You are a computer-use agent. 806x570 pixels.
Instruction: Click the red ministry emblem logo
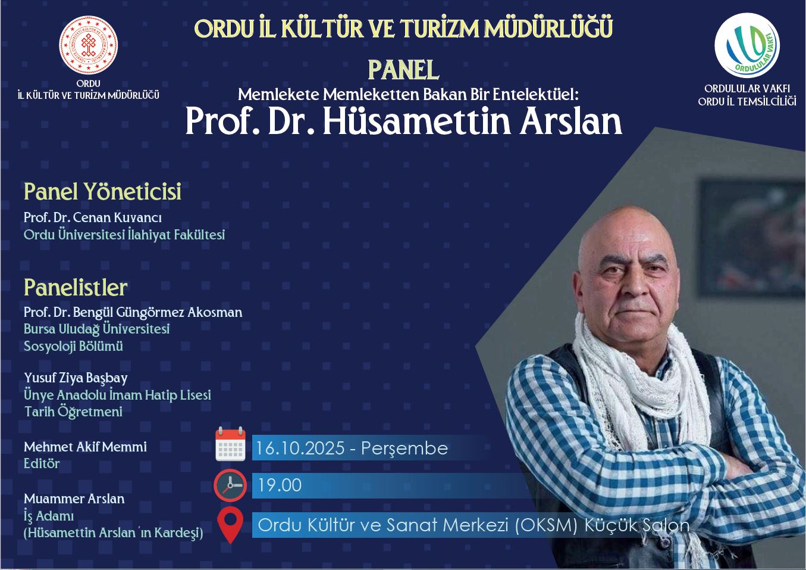[88, 45]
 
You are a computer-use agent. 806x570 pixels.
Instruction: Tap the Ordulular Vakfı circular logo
[747, 46]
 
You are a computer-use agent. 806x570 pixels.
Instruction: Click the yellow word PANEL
[403, 70]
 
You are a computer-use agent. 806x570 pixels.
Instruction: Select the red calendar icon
[230, 444]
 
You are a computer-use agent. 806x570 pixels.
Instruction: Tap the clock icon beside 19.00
[230, 485]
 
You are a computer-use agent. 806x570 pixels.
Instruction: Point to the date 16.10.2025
[300, 448]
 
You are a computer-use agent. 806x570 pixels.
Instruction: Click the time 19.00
[280, 485]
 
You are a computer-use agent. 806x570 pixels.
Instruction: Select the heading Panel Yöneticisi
[102, 191]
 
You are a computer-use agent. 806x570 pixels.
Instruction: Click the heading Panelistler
[76, 288]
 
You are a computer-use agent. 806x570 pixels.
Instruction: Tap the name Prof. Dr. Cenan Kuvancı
[93, 217]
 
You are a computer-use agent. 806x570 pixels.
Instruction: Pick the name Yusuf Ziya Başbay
[76, 378]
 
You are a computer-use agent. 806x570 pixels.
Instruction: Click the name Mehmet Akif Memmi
[85, 447]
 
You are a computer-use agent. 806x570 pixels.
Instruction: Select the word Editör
[42, 463]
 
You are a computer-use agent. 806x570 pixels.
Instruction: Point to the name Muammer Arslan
[74, 499]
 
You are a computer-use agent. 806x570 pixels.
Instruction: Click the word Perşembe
[404, 449]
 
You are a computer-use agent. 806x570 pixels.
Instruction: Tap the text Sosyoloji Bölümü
[73, 346]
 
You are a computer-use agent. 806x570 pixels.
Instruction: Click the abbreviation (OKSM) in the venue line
[546, 525]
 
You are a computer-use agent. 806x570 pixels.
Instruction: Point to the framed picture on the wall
[751, 238]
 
